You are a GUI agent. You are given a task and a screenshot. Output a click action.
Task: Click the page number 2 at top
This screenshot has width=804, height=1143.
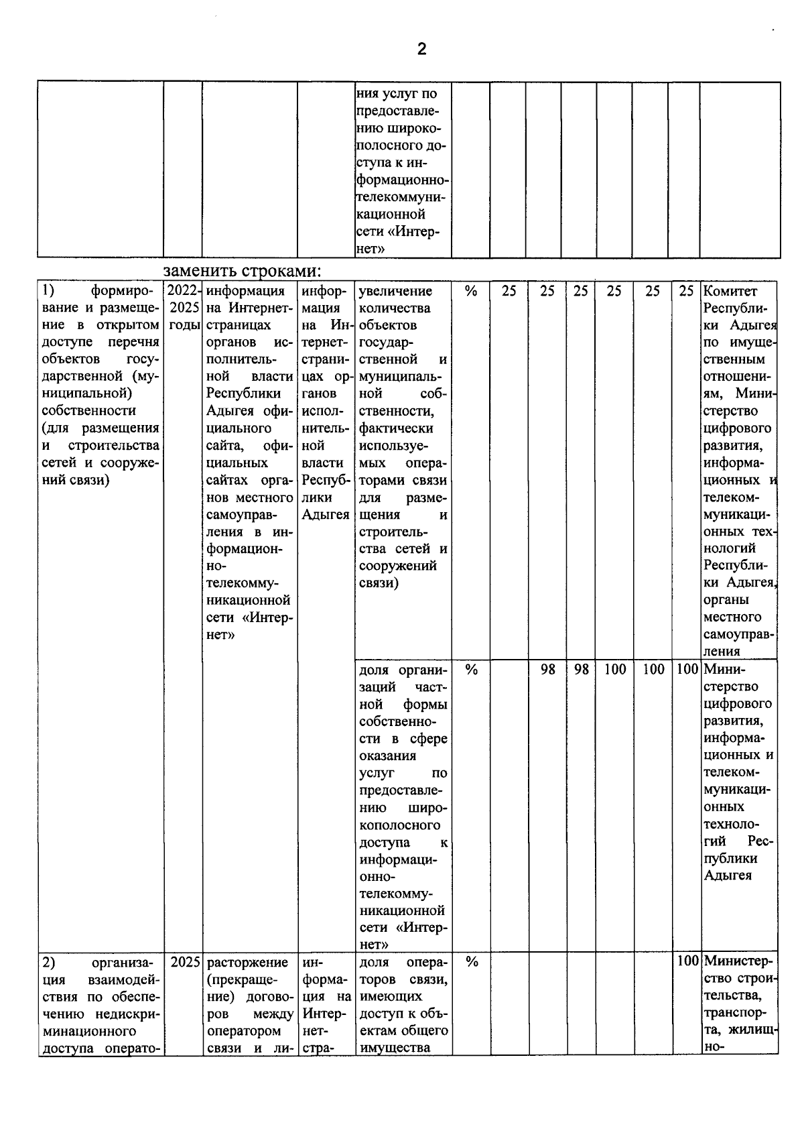pos(421,49)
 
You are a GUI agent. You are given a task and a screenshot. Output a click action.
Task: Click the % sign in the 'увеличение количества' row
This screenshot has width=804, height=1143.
pos(471,291)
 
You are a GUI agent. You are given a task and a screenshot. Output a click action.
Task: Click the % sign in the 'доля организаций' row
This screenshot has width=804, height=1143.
pos(471,669)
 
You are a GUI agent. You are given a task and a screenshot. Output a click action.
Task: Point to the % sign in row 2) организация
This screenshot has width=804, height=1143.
pos(471,962)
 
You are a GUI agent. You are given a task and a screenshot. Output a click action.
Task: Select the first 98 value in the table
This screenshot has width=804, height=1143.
pos(547,669)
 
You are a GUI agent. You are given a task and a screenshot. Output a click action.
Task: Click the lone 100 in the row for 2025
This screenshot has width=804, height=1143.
pos(687,962)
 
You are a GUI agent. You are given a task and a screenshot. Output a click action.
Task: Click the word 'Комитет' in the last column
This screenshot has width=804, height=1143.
pos(730,291)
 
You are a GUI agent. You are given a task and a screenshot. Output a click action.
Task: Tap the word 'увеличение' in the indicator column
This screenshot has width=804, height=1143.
pos(395,291)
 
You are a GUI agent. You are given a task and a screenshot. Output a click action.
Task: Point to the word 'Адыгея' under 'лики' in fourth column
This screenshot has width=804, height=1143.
pos(326,515)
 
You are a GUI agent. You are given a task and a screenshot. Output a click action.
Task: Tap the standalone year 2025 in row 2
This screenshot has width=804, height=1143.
pos(185,962)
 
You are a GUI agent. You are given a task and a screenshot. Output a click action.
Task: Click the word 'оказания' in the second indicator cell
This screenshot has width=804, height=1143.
pos(387,756)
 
